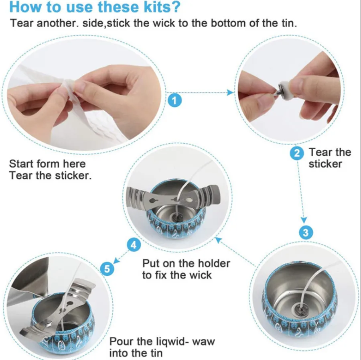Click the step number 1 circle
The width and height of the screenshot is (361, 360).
click(174, 100)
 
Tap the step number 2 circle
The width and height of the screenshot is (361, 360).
click(297, 153)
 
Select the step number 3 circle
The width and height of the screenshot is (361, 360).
click(306, 232)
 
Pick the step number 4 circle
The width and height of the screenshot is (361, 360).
click(134, 245)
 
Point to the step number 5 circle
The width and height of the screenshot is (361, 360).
click(107, 268)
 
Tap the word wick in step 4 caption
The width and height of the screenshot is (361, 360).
click(200, 275)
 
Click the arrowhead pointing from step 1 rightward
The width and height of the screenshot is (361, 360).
click(230, 93)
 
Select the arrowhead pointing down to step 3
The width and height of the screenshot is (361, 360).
click(304, 220)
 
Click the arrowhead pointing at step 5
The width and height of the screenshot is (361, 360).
click(116, 260)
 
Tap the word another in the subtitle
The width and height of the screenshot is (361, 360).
click(56, 23)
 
